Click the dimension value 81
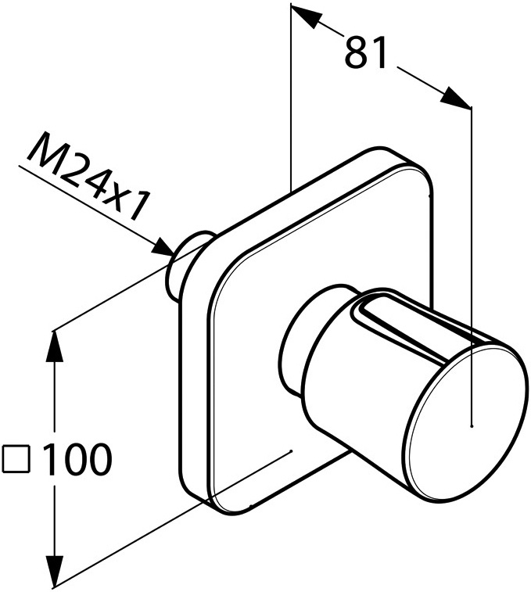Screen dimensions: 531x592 [x=365, y=52]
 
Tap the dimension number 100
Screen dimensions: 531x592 [x=78, y=459]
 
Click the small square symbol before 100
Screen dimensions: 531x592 [x=16, y=459]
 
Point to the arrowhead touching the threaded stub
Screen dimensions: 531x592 [x=163, y=248]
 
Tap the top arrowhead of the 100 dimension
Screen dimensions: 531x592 [x=56, y=346]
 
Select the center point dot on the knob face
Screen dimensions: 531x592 [x=472, y=426]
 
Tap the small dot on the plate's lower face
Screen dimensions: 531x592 [x=290, y=450]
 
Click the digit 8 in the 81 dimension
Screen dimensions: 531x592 [x=356, y=52]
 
